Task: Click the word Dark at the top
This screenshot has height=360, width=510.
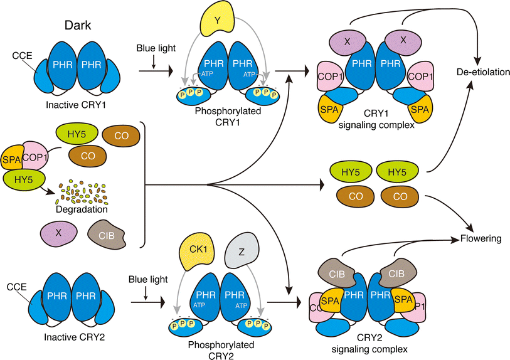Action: click(79, 26)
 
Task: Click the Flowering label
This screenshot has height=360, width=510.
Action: click(481, 238)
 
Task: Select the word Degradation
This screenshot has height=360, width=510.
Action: click(85, 209)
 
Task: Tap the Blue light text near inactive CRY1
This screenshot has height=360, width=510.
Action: click(153, 47)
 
